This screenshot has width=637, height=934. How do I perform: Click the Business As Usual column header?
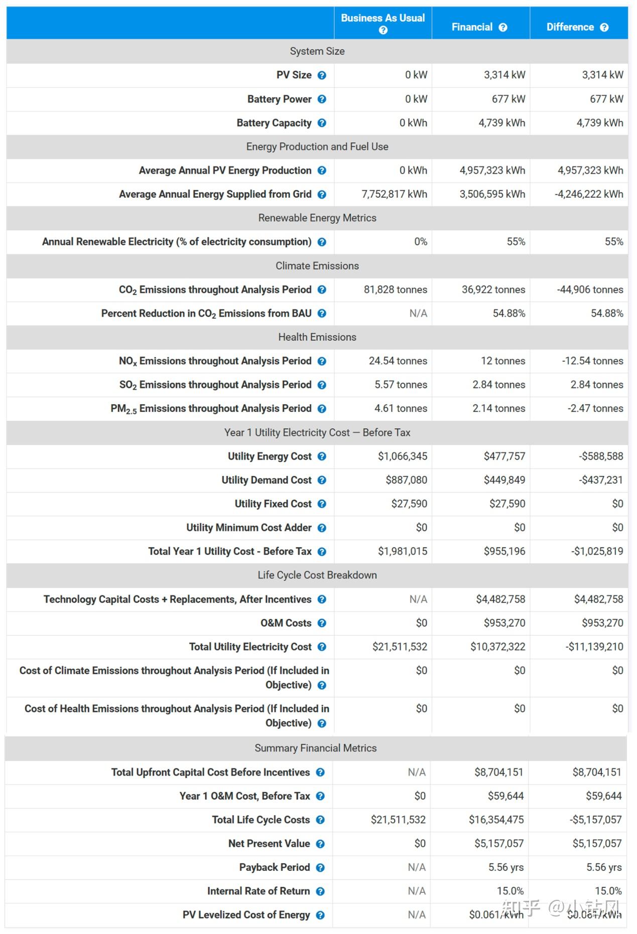383,18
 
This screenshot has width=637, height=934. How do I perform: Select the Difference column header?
570,27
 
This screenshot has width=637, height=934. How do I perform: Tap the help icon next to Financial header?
503,28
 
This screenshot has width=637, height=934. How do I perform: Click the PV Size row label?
294,75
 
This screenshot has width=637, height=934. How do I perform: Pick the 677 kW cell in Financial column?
508,99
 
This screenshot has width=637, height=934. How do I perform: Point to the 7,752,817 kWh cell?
394,194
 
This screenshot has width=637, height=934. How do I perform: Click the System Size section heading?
317,51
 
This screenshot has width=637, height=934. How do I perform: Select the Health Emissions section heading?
317,337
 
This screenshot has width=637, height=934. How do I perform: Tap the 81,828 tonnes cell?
396,290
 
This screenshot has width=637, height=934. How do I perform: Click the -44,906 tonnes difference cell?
590,290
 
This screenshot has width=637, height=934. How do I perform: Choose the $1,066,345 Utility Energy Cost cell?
403,456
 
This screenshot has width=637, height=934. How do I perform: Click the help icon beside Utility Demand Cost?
322,480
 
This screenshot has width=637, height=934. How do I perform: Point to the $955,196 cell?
504,552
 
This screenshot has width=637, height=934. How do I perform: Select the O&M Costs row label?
286,623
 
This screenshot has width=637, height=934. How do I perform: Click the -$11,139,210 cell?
594,647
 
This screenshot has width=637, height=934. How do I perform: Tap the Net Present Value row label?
269,844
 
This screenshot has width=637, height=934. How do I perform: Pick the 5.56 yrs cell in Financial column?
506,867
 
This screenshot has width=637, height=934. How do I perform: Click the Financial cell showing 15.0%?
510,891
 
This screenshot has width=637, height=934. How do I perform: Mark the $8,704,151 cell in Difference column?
597,772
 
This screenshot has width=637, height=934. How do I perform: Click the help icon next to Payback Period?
320,868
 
